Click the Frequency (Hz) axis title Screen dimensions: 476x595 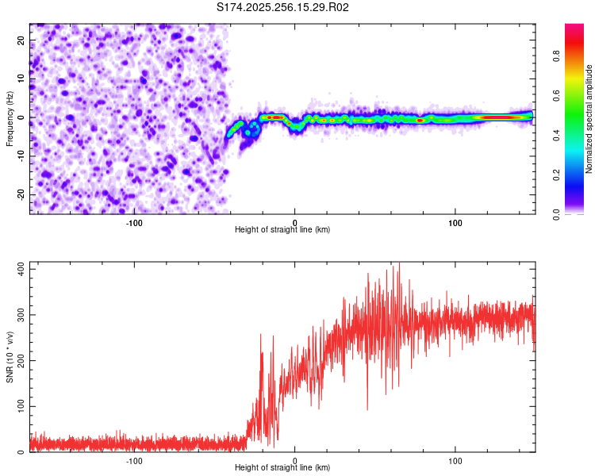pos(10,118)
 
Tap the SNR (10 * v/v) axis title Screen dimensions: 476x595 pos(10,357)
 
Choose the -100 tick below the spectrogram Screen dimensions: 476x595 pos(134,223)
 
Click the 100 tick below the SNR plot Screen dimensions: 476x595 pos(455,461)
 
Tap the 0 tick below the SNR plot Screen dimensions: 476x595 pos(295,461)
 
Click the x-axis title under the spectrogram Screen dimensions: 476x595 pos(282,230)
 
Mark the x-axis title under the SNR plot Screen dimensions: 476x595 pos(282,468)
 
